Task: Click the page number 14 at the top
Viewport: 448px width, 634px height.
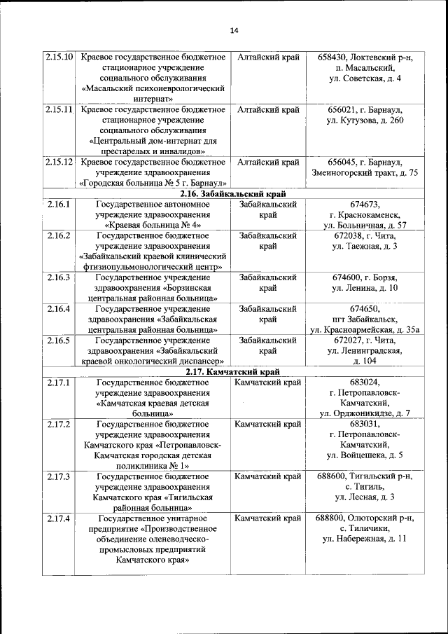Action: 234,30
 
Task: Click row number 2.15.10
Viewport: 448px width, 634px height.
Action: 59,57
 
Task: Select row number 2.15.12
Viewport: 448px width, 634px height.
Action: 59,163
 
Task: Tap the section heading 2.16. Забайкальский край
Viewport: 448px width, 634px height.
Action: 233,194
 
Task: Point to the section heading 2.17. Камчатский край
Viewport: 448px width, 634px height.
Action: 233,372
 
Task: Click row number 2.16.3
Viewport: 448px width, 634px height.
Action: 59,278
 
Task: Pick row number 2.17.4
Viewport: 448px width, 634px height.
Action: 59,519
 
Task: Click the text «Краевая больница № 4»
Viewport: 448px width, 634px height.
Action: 153,226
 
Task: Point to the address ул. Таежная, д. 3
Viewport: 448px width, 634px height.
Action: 364,247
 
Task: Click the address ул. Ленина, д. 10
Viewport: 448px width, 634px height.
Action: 364,289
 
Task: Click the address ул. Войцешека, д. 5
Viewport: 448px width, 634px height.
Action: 364,455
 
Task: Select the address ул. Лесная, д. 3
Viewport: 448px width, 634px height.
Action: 364,497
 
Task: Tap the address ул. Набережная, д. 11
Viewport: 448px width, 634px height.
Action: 364,539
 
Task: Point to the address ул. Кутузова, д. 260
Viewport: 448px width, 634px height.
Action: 364,120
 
